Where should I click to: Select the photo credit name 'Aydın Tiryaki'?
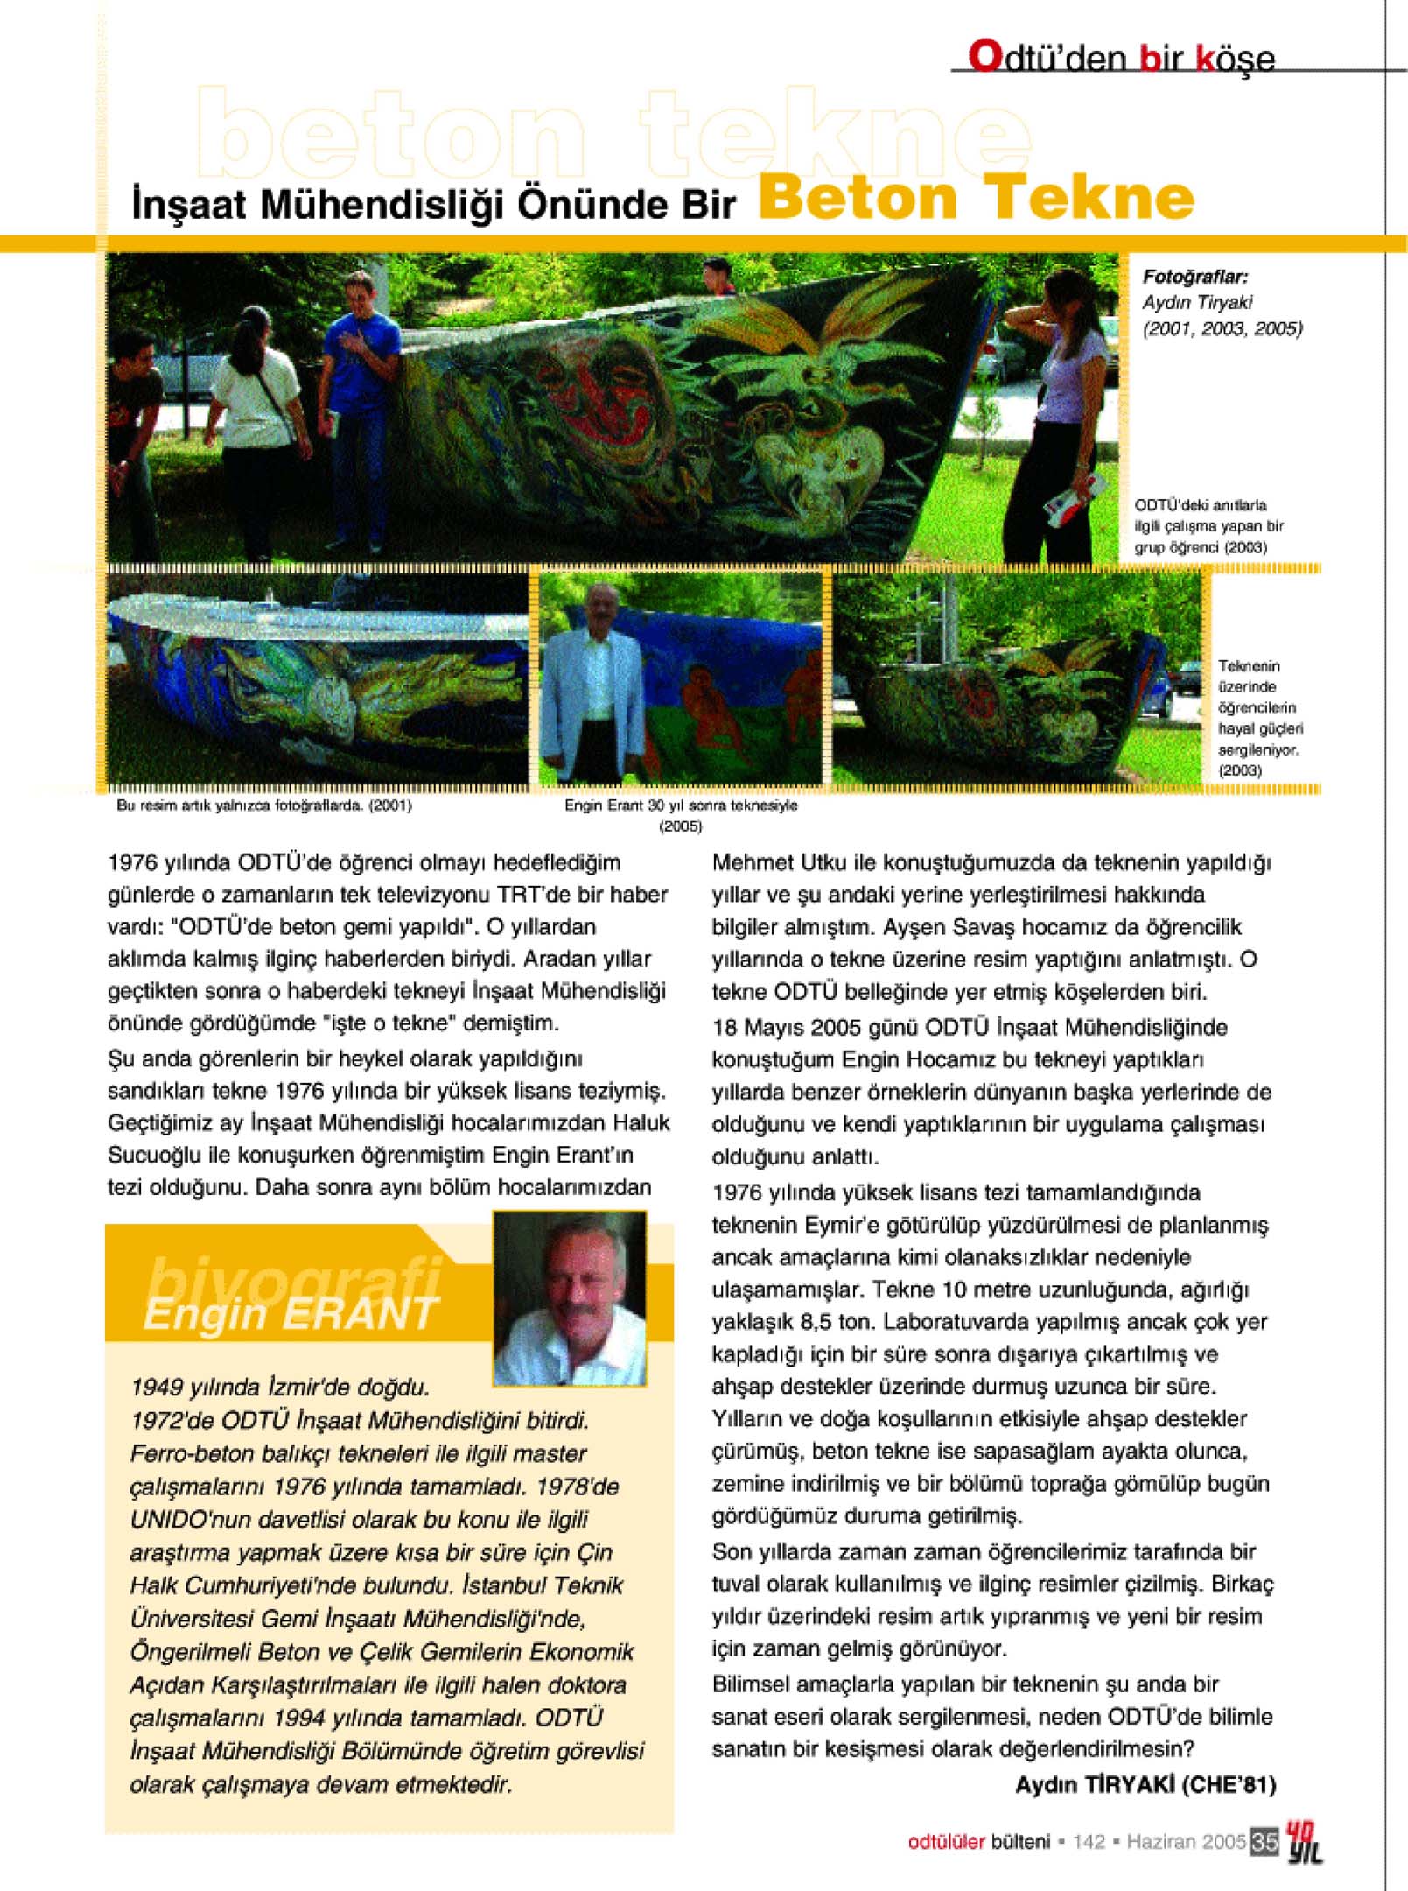pyautogui.click(x=1196, y=303)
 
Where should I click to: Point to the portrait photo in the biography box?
pyautogui.click(x=570, y=1298)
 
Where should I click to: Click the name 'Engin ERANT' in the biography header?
pyautogui.click(x=291, y=1314)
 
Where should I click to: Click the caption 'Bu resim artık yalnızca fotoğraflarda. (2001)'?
pyautogui.click(x=264, y=805)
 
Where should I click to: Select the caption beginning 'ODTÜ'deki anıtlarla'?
pyautogui.click(x=1208, y=526)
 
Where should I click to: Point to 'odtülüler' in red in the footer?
pyautogui.click(x=946, y=1842)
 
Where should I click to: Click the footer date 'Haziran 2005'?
pyautogui.click(x=1186, y=1842)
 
